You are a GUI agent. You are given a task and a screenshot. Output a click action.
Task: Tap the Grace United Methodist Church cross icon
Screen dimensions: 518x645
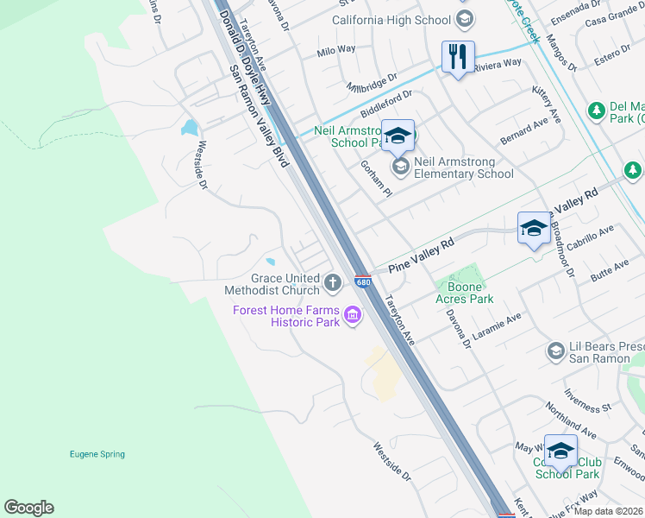coord(333,281)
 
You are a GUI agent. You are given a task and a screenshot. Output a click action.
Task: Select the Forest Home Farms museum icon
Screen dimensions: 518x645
coord(352,317)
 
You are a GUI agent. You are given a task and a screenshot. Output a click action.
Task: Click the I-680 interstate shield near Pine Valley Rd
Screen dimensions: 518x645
coord(363,282)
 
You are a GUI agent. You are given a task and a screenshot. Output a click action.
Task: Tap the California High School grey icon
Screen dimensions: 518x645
coord(465,20)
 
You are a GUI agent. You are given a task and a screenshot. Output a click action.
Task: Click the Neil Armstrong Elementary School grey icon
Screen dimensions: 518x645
coord(400,165)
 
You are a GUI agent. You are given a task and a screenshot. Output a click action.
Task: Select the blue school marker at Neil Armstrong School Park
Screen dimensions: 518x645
coord(398,135)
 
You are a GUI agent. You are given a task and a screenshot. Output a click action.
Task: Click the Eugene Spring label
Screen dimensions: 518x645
coord(97,454)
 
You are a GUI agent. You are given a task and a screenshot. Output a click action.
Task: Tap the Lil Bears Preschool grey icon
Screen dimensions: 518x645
coord(556,351)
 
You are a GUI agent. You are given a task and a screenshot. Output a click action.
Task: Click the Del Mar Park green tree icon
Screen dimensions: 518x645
coord(596,111)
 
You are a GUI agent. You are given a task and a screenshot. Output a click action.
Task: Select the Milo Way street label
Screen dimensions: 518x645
coord(336,50)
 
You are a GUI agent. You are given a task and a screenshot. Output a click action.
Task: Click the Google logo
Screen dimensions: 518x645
coord(28,508)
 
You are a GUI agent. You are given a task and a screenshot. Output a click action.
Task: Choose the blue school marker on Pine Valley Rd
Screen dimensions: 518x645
coord(533,229)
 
